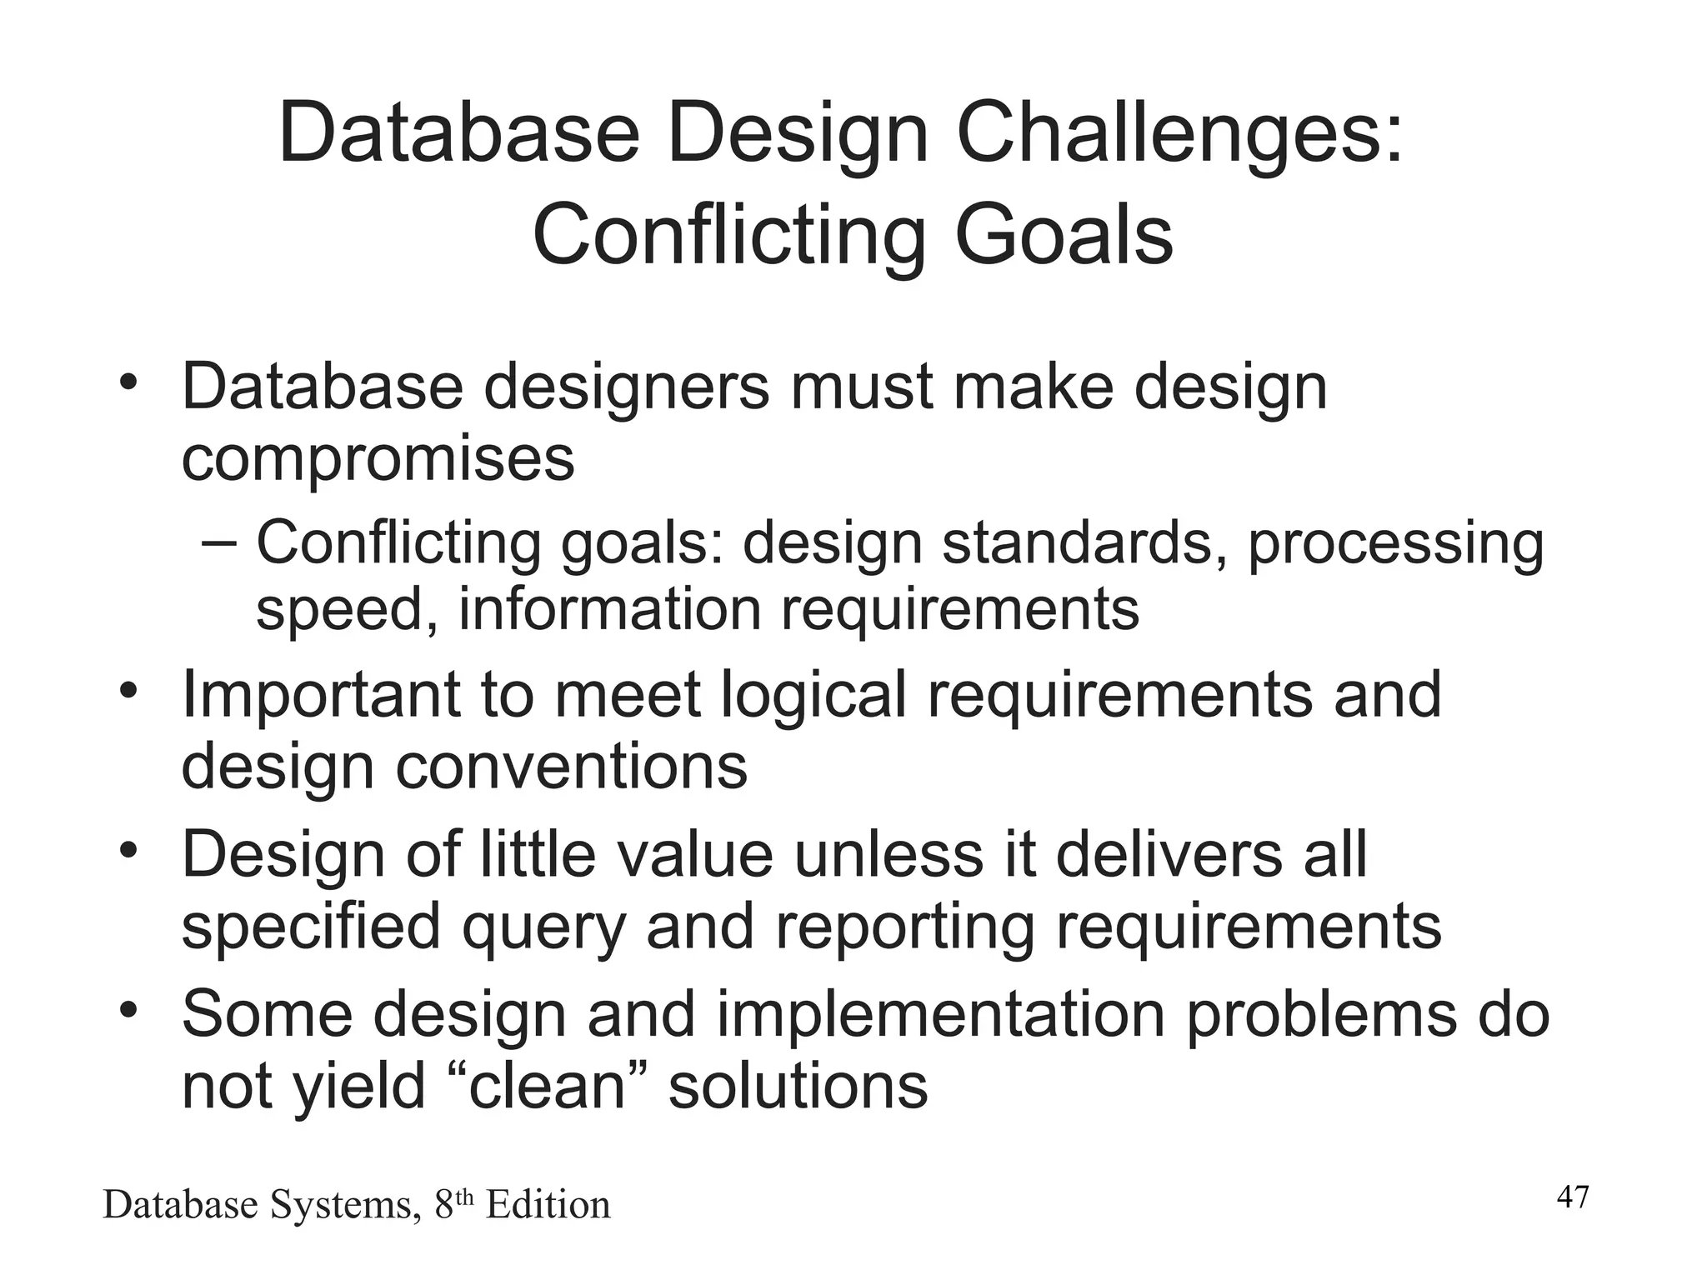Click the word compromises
point(378,459)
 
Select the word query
point(543,927)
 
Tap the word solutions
point(798,1087)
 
